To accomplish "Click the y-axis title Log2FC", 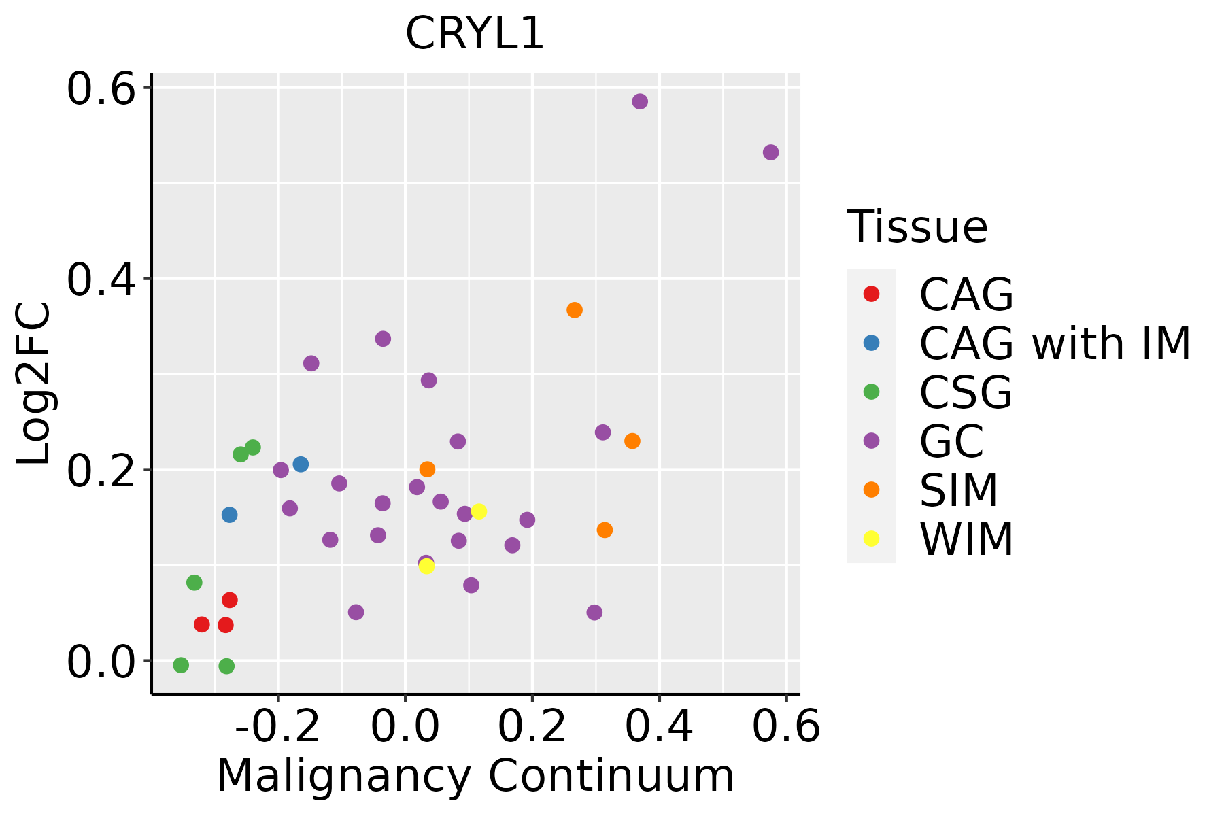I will (x=34, y=384).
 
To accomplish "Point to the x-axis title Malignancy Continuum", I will (x=475, y=776).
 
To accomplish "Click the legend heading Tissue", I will (x=917, y=227).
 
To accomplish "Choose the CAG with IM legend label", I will (x=1055, y=343).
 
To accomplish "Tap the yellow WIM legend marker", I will (x=871, y=539).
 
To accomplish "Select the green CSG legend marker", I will (x=871, y=392).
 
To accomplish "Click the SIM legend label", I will (x=959, y=490).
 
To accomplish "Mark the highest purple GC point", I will (x=640, y=102).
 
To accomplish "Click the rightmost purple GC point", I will (x=770, y=152).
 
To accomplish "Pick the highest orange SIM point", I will (x=575, y=310).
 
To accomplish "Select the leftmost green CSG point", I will (x=181, y=665).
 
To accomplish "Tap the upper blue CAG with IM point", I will (x=301, y=464).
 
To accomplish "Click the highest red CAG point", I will (x=230, y=600).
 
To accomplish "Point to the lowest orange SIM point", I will (x=605, y=530).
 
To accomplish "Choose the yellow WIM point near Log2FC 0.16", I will (x=479, y=511).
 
